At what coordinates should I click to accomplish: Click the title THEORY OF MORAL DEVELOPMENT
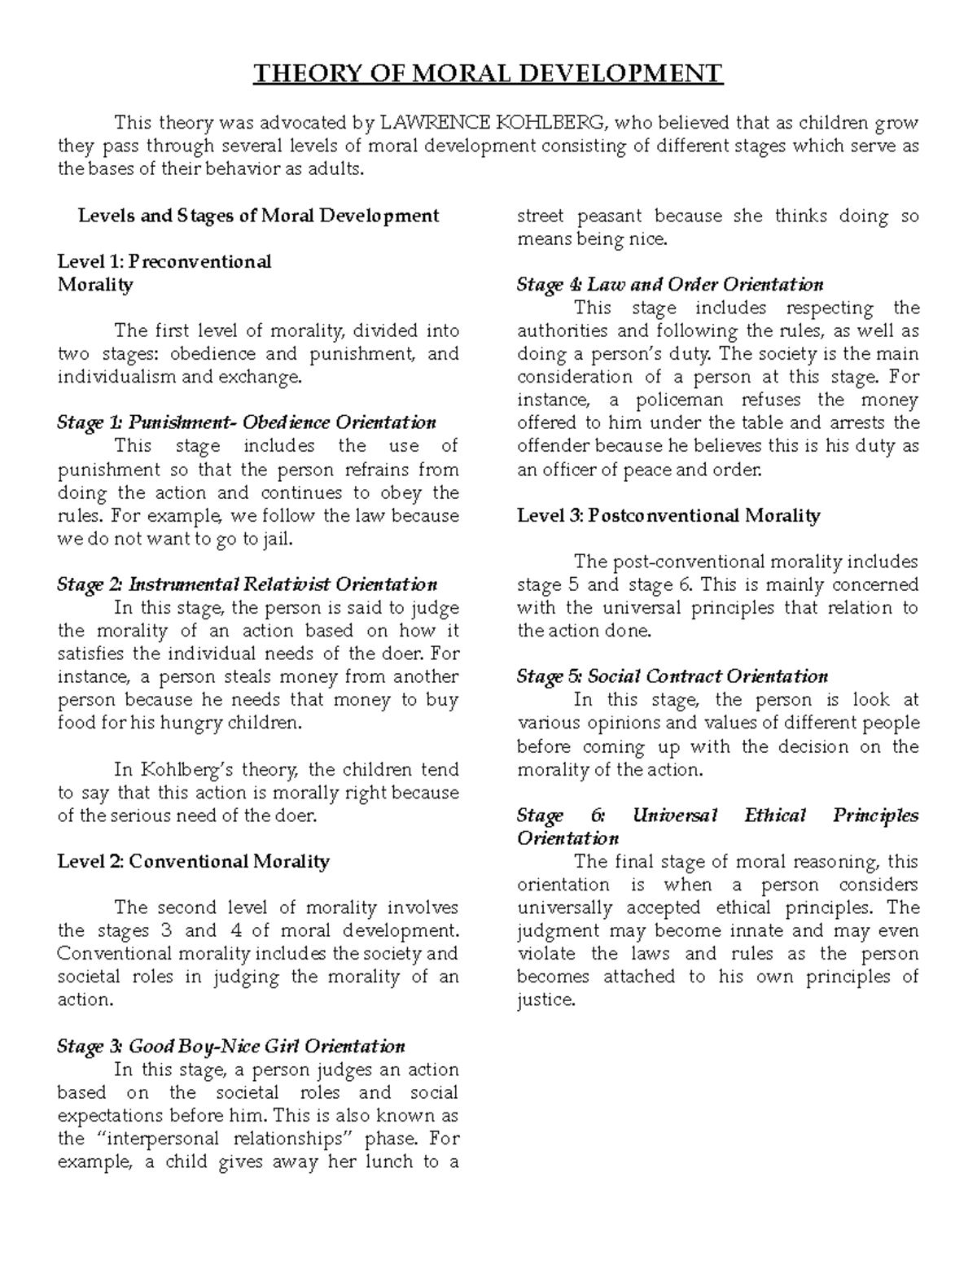point(488,74)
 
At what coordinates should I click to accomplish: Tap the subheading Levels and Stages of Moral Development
point(258,216)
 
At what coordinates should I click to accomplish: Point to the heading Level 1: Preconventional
point(164,261)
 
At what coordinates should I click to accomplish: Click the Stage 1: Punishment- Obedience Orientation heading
point(247,422)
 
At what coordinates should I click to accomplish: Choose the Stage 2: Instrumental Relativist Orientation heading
point(247,584)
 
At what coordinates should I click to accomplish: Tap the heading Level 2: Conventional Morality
point(193,861)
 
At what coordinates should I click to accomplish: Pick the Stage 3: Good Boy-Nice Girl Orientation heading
point(230,1046)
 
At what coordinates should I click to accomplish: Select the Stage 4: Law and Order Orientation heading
point(670,284)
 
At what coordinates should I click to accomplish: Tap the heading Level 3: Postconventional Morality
point(668,515)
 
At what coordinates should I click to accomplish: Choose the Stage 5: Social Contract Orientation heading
point(673,676)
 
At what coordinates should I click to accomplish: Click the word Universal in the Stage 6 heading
point(674,816)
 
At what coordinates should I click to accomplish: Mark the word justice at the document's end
point(545,1000)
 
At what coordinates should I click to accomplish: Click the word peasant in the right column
point(606,216)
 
